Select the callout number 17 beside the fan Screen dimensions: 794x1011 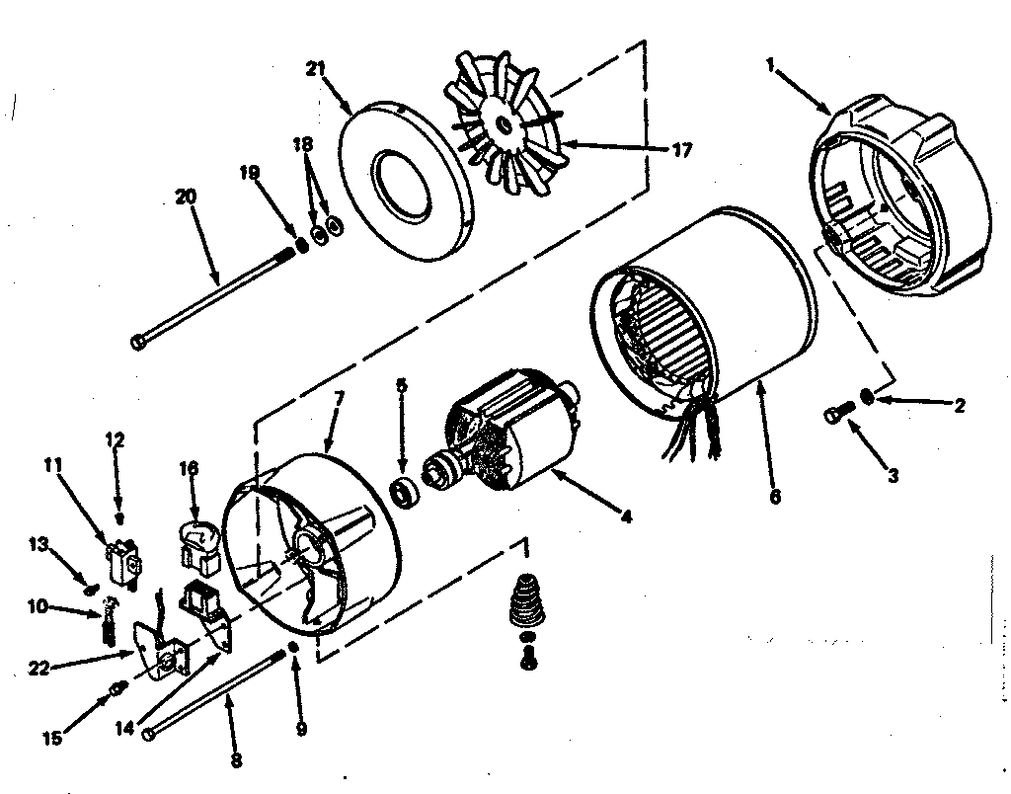[680, 151]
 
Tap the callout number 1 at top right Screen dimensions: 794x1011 [771, 65]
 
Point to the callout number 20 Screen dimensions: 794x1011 [186, 196]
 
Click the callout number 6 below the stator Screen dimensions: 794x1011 [774, 497]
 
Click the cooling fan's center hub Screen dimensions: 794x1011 [504, 123]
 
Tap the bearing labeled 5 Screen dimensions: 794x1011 [403, 490]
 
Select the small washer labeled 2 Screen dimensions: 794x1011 [867, 396]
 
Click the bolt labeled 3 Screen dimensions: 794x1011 [835, 414]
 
